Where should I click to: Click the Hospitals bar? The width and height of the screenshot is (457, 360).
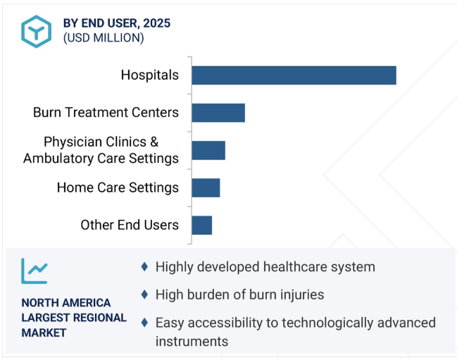[x=294, y=75]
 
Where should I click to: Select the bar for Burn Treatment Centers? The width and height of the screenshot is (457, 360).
[x=218, y=113]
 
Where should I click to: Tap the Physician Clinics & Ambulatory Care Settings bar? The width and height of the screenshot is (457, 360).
[x=208, y=150]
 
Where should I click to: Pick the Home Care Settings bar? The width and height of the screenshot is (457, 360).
[x=206, y=187]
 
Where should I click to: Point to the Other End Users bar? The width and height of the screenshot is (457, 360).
[x=202, y=225]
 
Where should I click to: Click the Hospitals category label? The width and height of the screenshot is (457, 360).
[x=149, y=75]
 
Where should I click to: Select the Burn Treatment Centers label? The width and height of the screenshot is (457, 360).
[x=106, y=113]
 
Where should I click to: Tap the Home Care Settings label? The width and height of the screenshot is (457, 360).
[x=118, y=187]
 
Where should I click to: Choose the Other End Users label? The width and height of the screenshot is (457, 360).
[x=130, y=225]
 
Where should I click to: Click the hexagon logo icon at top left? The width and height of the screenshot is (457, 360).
[x=35, y=30]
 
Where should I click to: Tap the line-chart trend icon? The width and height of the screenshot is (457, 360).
[x=35, y=271]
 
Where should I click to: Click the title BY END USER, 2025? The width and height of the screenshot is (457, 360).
[x=117, y=23]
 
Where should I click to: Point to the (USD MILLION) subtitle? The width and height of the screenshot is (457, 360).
[x=104, y=38]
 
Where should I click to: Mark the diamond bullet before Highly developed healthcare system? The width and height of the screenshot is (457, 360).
[x=144, y=267]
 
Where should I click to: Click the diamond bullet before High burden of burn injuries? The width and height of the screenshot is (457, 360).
[x=144, y=294]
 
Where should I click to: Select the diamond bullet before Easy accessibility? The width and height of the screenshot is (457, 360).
[x=144, y=323]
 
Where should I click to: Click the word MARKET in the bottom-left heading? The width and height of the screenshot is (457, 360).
[x=44, y=333]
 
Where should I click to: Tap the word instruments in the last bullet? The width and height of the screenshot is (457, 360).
[x=192, y=341]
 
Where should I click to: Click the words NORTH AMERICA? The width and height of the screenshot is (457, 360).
[x=65, y=303]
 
